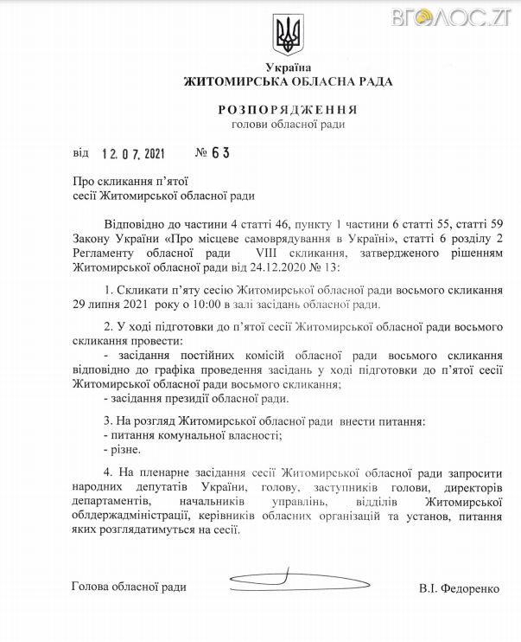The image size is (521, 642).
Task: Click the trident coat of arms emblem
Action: [x=287, y=35]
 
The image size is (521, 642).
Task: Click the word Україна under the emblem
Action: [x=288, y=67]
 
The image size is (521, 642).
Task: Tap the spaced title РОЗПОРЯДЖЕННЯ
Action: [x=288, y=111]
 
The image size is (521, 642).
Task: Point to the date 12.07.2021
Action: [x=132, y=153]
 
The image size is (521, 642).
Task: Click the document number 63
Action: [x=221, y=153]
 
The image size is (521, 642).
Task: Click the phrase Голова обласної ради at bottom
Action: [x=130, y=587]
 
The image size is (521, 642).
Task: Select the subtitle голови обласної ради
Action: [x=288, y=125]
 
